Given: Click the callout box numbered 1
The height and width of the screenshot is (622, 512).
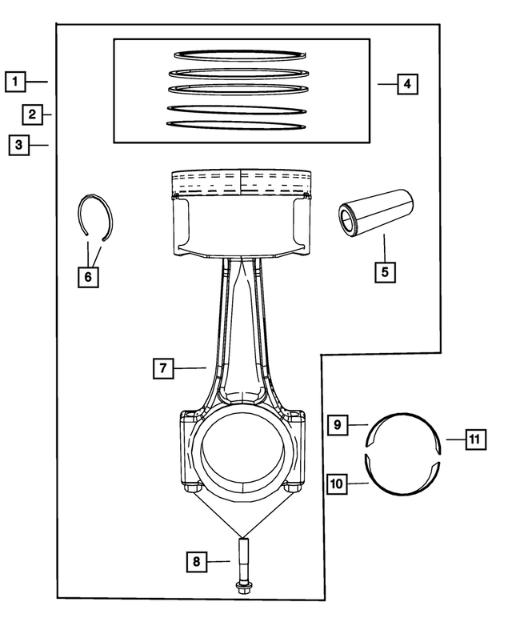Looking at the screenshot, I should pyautogui.click(x=15, y=81).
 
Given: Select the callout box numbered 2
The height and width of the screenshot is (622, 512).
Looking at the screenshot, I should pyautogui.click(x=31, y=114).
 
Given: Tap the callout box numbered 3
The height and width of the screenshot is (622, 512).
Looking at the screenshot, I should pyautogui.click(x=17, y=145).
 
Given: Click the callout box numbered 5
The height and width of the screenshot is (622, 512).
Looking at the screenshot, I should pyautogui.click(x=385, y=271).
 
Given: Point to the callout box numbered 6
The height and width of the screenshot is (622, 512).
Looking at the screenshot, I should pyautogui.click(x=88, y=277).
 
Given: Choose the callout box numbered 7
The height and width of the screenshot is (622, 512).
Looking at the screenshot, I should pyautogui.click(x=162, y=368).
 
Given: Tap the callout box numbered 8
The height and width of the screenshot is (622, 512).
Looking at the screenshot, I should pyautogui.click(x=197, y=561).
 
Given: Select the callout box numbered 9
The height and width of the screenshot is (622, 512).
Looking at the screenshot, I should pyautogui.click(x=338, y=424).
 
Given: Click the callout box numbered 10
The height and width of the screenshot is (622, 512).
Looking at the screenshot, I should pyautogui.click(x=337, y=484).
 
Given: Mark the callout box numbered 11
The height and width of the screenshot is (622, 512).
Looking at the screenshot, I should pyautogui.click(x=474, y=439).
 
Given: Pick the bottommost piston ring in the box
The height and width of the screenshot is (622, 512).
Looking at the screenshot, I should pyautogui.click(x=238, y=125).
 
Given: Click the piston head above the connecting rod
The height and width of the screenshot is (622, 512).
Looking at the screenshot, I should pyautogui.click(x=242, y=212).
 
